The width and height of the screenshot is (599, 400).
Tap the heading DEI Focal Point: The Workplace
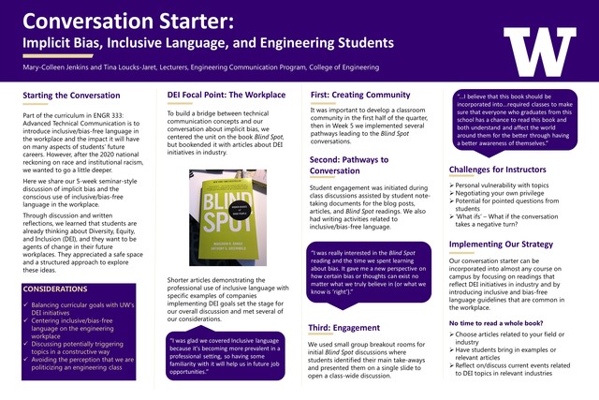pyautogui.click(x=226, y=96)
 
